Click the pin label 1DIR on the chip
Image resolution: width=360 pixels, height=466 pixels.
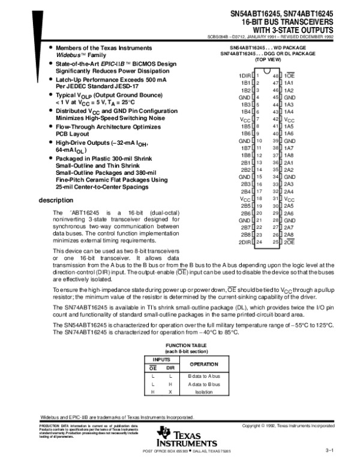244,76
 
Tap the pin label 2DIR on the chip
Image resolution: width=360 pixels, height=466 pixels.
244,242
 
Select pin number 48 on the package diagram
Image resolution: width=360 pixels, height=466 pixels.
276,76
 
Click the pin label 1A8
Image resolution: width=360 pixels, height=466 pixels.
289,155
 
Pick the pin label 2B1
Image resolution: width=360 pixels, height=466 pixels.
245,162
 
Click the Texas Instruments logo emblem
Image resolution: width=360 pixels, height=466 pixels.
165,432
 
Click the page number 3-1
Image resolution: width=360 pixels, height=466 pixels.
329,450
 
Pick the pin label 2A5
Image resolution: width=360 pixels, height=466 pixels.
289,205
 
